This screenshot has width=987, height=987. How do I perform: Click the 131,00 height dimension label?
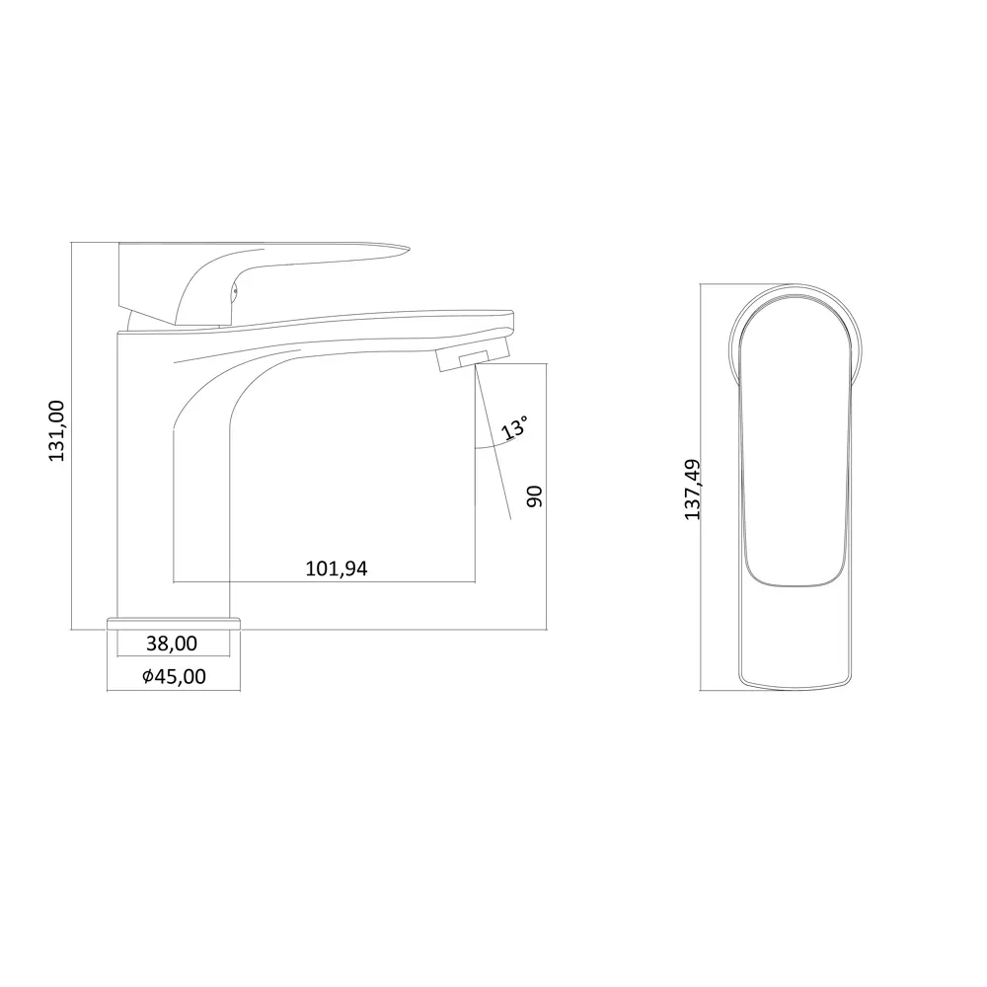(x=56, y=430)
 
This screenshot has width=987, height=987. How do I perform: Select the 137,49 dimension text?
(x=693, y=490)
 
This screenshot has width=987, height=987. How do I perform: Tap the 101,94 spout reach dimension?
(x=337, y=569)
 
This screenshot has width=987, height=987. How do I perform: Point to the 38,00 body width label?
(x=171, y=644)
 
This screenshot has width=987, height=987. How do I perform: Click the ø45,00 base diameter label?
(x=174, y=676)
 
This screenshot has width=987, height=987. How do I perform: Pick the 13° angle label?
(x=513, y=427)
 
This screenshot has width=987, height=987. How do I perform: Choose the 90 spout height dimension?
(x=534, y=496)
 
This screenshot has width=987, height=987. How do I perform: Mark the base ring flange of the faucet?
(x=174, y=623)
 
